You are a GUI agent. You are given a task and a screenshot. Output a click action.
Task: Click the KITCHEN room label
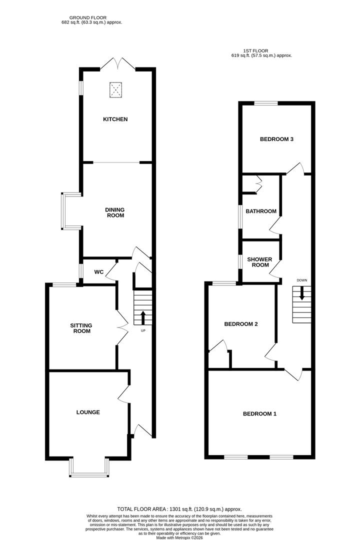tap(115, 119)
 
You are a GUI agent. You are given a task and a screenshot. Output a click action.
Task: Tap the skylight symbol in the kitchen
tap(116, 90)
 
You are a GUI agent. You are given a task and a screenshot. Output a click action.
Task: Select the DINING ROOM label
tap(114, 212)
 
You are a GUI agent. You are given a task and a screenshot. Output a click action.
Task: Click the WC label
tap(99, 272)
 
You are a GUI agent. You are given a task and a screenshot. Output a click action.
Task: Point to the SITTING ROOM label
tap(80, 328)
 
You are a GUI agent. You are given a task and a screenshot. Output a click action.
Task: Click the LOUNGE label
tap(88, 412)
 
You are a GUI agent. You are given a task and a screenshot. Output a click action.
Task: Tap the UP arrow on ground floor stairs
tap(143, 317)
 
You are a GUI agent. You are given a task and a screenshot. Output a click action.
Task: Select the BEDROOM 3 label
tap(276, 139)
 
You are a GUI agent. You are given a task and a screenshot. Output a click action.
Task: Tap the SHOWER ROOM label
tap(260, 262)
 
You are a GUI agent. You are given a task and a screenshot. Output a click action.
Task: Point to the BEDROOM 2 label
tap(241, 323)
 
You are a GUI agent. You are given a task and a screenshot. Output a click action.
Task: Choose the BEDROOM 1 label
tap(259, 413)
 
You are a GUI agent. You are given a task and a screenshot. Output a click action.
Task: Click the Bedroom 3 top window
tap(265, 103)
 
